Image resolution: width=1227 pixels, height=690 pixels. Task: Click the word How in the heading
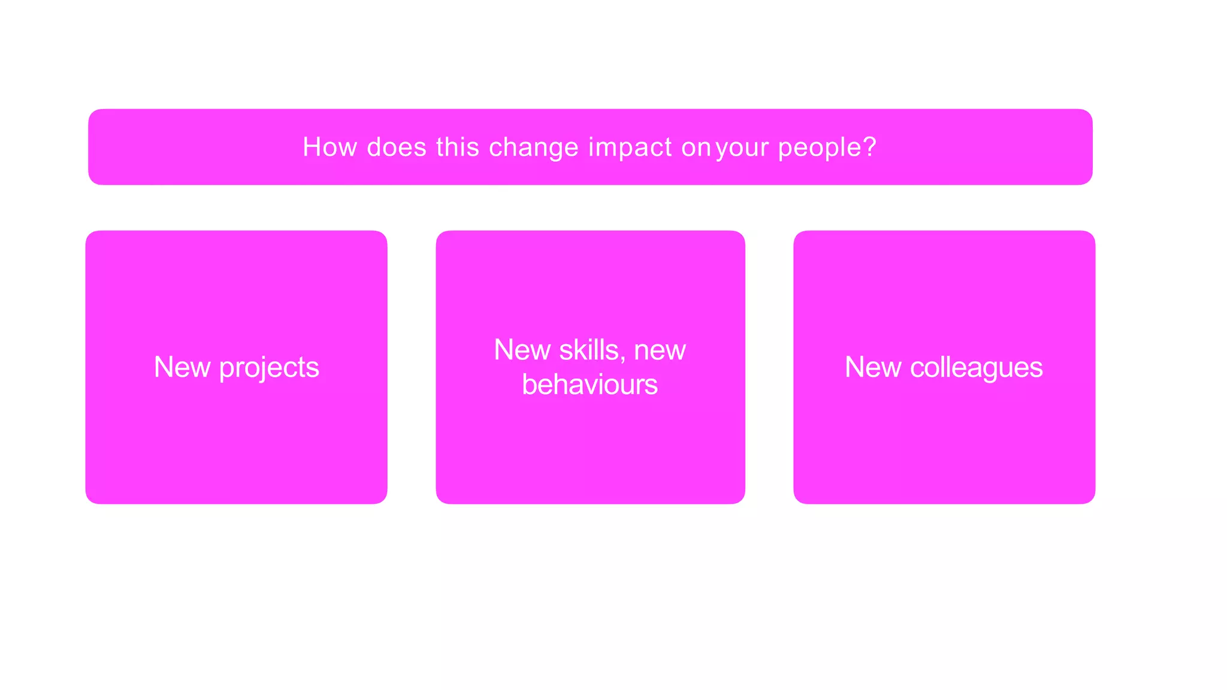330,147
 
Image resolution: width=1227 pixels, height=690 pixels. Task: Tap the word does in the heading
397,147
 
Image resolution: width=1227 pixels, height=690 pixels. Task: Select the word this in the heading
458,147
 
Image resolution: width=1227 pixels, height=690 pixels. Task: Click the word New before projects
182,367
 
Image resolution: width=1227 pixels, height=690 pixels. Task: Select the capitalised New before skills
522,350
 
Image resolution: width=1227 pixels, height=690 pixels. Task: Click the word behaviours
590,385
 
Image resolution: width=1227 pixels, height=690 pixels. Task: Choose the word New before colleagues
873,367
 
